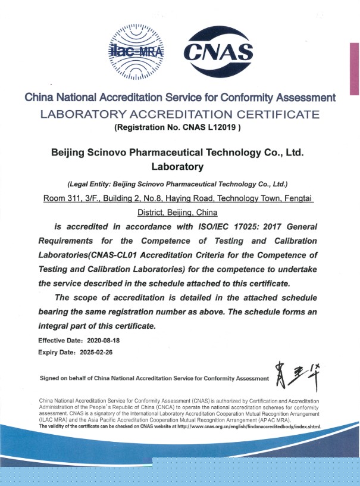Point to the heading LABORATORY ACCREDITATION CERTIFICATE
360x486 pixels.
point(179,114)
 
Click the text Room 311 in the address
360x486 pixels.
point(62,198)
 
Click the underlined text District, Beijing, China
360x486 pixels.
point(177,212)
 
